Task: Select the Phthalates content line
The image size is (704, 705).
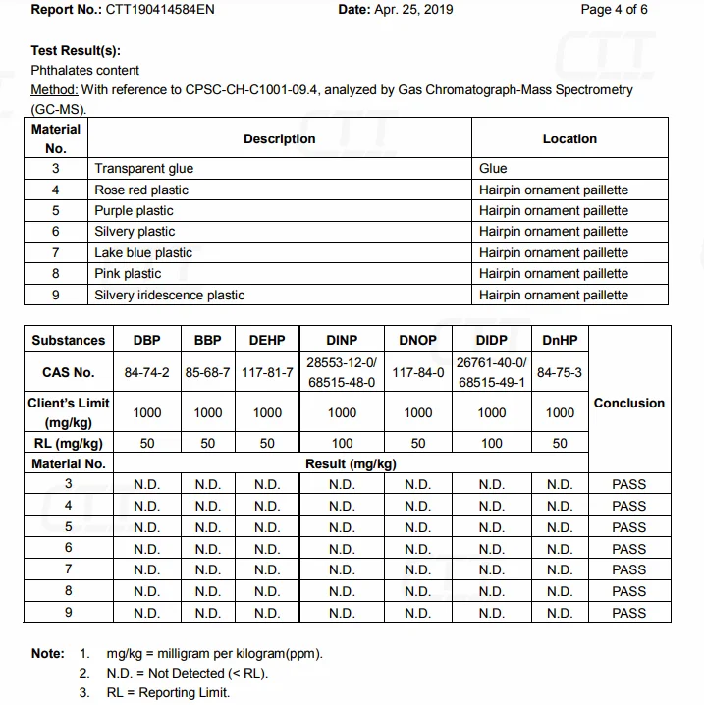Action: click(x=85, y=71)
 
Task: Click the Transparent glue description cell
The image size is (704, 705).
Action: click(x=144, y=169)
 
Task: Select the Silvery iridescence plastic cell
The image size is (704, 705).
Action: click(x=170, y=296)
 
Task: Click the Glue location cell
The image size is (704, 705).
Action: click(x=493, y=169)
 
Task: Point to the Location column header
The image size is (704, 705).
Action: click(x=569, y=139)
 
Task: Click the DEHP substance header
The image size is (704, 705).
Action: click(x=267, y=341)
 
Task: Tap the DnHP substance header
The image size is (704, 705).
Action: click(x=560, y=341)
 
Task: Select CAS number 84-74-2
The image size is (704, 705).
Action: click(x=147, y=373)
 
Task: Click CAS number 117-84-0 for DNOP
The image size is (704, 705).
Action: click(x=417, y=373)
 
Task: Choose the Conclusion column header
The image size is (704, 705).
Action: click(x=629, y=403)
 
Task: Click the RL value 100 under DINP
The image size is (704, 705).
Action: click(x=342, y=444)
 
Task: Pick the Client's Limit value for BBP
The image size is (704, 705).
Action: click(x=207, y=413)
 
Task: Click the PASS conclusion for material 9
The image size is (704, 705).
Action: click(x=629, y=613)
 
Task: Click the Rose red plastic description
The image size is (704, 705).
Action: click(x=141, y=190)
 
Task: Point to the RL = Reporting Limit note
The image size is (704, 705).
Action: click(x=168, y=693)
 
